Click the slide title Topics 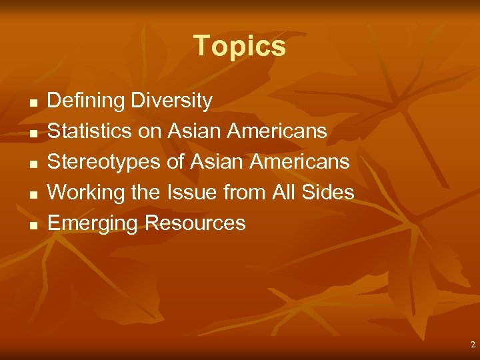tap(239, 46)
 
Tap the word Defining tap(86, 101)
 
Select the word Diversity tap(171, 101)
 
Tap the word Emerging tap(93, 223)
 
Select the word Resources tap(195, 223)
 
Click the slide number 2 tap(473, 345)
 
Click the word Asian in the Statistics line tap(194, 131)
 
